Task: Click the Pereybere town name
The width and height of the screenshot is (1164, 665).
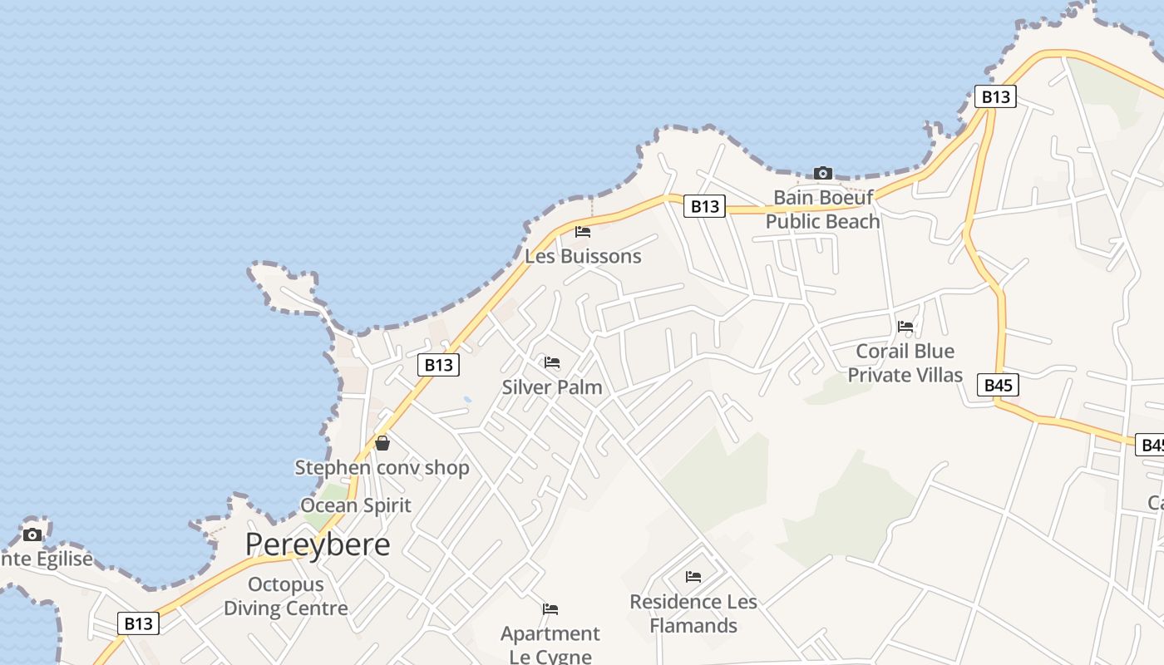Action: (318, 544)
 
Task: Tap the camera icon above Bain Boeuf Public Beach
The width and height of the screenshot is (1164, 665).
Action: (823, 173)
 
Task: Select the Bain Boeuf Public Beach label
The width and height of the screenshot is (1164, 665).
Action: (822, 209)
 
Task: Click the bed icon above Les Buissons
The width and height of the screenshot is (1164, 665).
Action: (583, 231)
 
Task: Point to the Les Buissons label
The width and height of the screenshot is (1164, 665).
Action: (583, 256)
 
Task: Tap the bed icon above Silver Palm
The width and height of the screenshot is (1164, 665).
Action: (551, 362)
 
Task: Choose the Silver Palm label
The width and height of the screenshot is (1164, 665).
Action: (552, 387)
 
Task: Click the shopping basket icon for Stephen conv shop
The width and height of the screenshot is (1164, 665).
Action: (382, 443)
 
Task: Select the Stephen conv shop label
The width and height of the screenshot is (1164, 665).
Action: (382, 468)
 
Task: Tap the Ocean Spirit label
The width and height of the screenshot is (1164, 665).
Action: (356, 505)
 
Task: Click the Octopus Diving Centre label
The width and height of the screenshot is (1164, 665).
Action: (285, 597)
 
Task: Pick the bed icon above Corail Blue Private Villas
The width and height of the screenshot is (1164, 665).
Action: (905, 327)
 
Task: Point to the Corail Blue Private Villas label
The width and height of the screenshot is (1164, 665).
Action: (905, 363)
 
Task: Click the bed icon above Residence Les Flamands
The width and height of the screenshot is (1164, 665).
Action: (693, 576)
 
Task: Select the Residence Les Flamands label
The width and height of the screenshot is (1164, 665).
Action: (693, 613)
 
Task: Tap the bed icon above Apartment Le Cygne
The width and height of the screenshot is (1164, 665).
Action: (550, 609)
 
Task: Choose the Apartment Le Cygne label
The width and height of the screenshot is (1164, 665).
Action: (550, 645)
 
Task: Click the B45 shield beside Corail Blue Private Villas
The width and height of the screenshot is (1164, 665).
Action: (998, 385)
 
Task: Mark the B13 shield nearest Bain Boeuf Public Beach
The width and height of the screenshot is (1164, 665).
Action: (704, 206)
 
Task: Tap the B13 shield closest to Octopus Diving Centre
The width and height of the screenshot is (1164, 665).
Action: (138, 623)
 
